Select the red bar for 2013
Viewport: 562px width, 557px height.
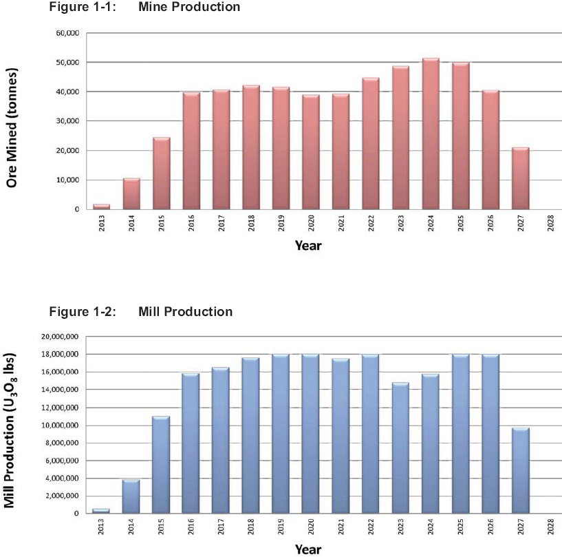101,207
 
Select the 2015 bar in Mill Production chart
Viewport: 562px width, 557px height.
161,465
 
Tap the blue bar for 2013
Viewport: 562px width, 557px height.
101,511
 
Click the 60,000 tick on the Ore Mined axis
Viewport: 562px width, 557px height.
67,33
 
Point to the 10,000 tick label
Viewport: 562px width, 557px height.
67,180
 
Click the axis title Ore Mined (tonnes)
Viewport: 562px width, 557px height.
11,127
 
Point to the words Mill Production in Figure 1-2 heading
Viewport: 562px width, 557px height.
185,312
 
